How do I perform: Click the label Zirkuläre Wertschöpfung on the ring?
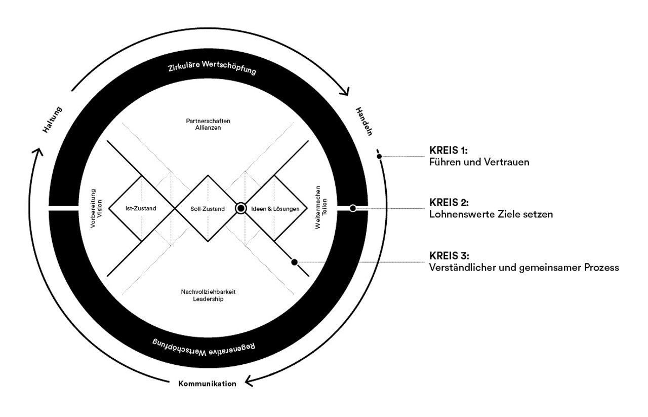(212, 68)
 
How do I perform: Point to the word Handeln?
(363, 122)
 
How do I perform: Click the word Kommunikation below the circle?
(207, 384)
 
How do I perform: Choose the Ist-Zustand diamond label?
(141, 208)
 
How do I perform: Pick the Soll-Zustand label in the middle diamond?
(208, 208)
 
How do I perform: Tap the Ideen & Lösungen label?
(275, 208)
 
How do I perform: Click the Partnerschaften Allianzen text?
(208, 124)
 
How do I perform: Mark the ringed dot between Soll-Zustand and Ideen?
(241, 208)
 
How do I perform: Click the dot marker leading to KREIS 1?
(379, 156)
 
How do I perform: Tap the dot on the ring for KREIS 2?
(353, 208)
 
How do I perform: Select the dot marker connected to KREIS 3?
(294, 262)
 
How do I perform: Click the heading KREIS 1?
(448, 150)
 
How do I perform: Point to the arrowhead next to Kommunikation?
(248, 381)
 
